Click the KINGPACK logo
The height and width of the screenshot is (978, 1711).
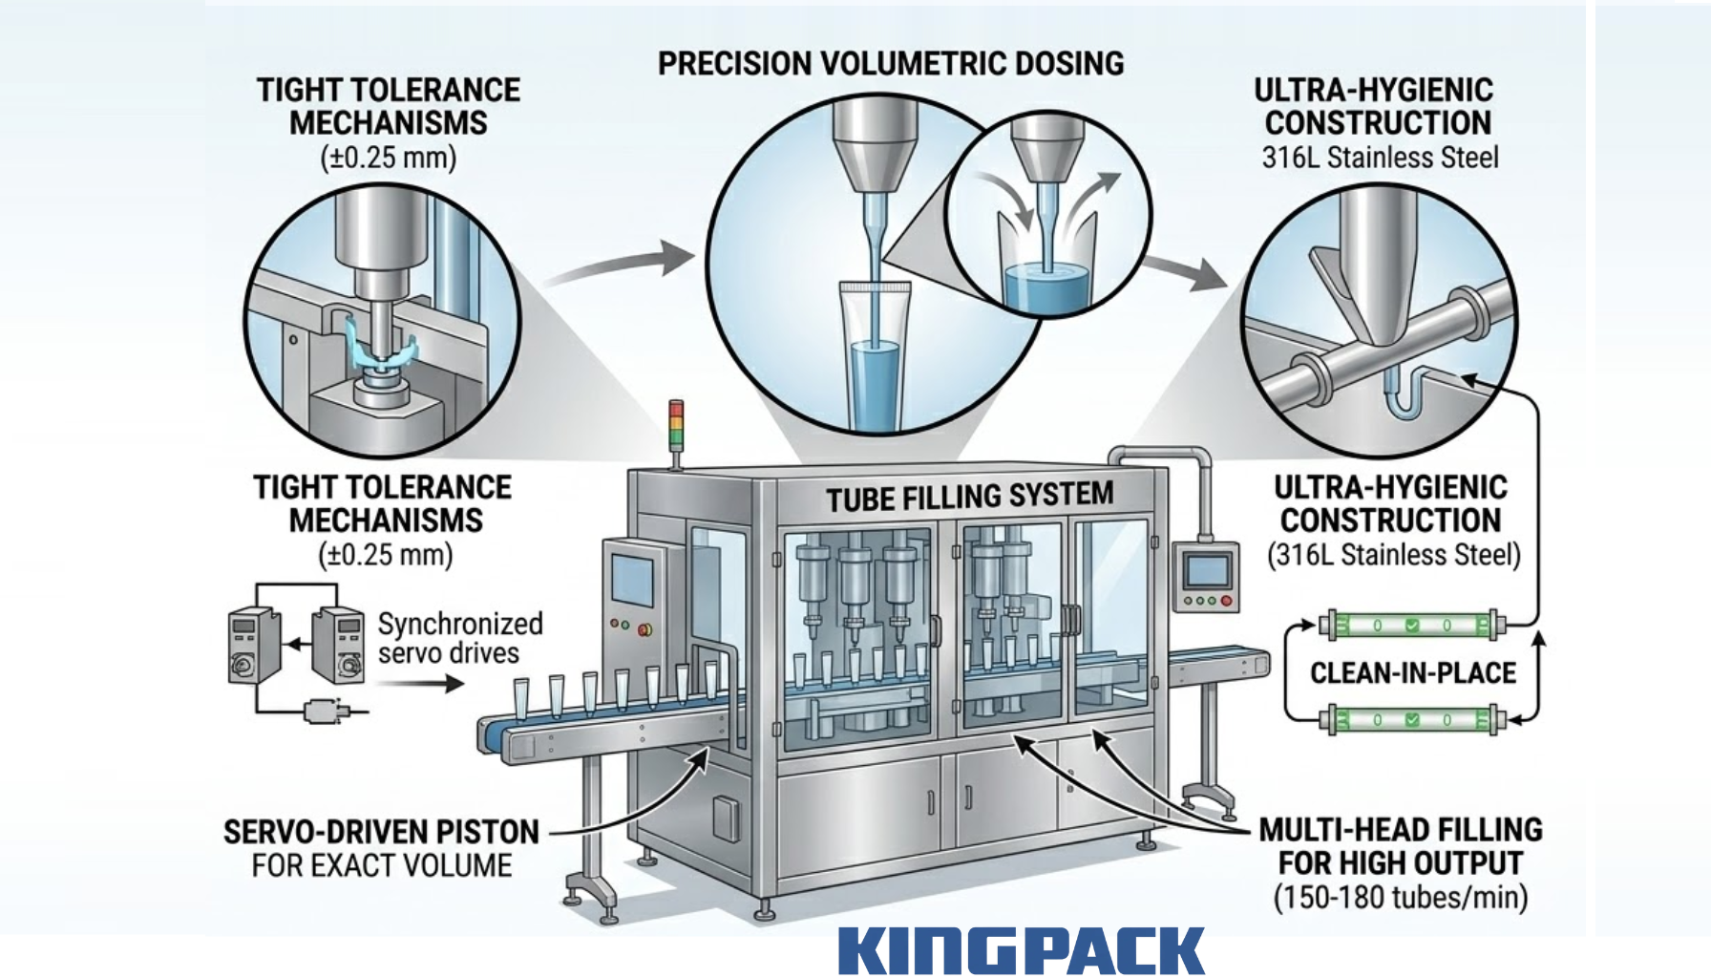pos(1021,951)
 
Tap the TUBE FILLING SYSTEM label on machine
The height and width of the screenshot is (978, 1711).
pos(969,497)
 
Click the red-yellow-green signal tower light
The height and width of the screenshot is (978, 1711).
pos(676,425)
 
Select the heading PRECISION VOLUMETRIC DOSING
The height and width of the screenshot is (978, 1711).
pos(890,64)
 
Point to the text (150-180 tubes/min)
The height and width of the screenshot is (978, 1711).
pos(1400,898)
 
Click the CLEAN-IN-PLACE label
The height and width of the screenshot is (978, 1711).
pos(1412,673)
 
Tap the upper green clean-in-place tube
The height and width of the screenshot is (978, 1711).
pos(1412,626)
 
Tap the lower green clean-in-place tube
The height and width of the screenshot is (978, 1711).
pos(1412,719)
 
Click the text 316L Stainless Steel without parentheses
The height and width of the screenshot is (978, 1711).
pos(1380,158)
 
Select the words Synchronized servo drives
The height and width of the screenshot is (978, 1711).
pos(459,638)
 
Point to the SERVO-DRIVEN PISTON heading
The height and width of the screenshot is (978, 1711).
pos(381,832)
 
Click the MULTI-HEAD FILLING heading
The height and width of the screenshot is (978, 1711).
pos(1400,830)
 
